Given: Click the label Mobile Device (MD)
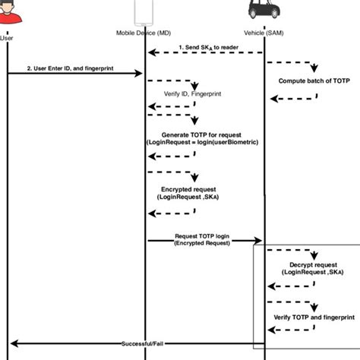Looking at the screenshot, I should tap(144, 33).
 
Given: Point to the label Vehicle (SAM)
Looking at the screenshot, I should tap(264, 33).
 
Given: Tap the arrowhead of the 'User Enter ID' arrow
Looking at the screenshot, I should tap(140, 74).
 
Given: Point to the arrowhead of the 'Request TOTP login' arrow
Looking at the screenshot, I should tap(259, 241).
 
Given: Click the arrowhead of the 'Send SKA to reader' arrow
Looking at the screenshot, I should tap(150, 53).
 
